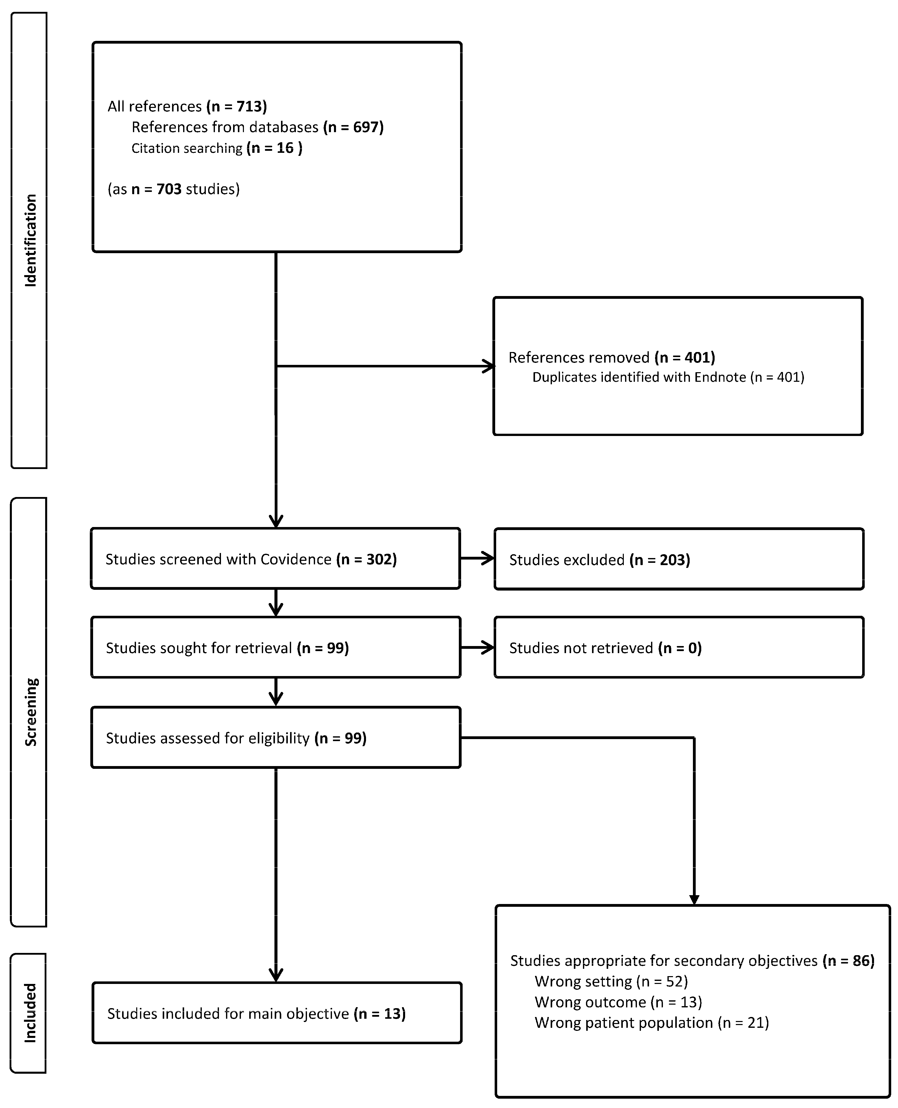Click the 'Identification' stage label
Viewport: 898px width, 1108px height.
[x=31, y=240]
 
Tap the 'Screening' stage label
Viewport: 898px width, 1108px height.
[x=31, y=712]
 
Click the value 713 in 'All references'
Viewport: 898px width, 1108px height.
[x=251, y=106]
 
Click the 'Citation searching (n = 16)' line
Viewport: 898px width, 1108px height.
[x=217, y=148]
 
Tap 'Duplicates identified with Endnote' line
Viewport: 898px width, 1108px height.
[x=668, y=377]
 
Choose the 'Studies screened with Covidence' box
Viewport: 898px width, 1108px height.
[x=275, y=559]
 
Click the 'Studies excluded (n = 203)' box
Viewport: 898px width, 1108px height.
[x=679, y=560]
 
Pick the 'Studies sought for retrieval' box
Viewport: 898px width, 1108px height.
[x=275, y=648]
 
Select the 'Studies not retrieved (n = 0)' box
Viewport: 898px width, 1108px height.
[x=679, y=648]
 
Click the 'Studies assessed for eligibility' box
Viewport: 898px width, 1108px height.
[x=275, y=738]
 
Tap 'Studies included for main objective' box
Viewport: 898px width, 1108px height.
[x=277, y=1013]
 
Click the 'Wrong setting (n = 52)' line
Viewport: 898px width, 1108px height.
[x=611, y=981]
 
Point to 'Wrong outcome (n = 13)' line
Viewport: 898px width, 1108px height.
[x=618, y=1002]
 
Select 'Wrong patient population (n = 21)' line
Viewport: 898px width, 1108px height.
[x=652, y=1023]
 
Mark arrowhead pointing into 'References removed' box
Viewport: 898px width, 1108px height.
[x=489, y=366]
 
